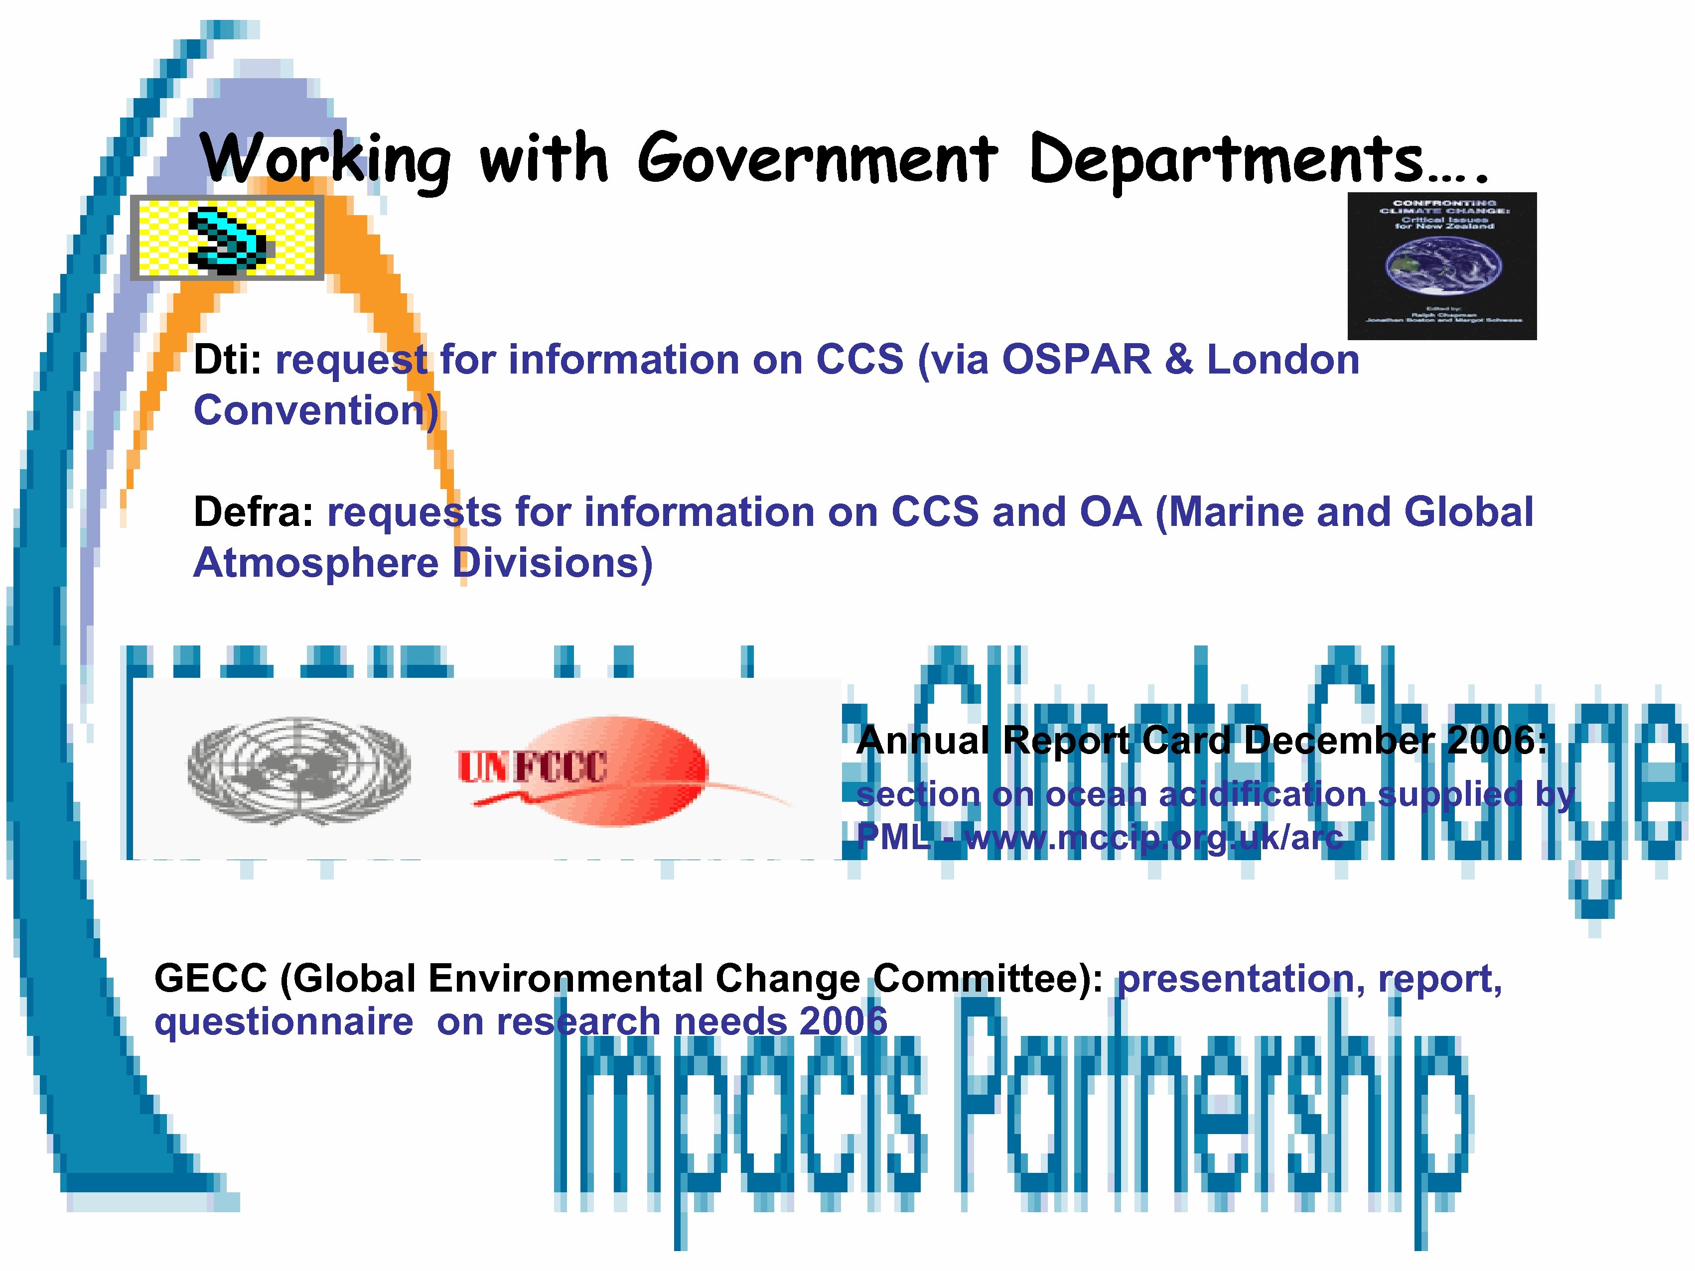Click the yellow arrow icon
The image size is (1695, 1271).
click(227, 238)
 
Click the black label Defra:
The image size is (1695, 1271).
click(254, 512)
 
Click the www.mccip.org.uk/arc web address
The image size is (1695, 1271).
click(1154, 837)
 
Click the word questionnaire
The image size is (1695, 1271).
click(283, 1022)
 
